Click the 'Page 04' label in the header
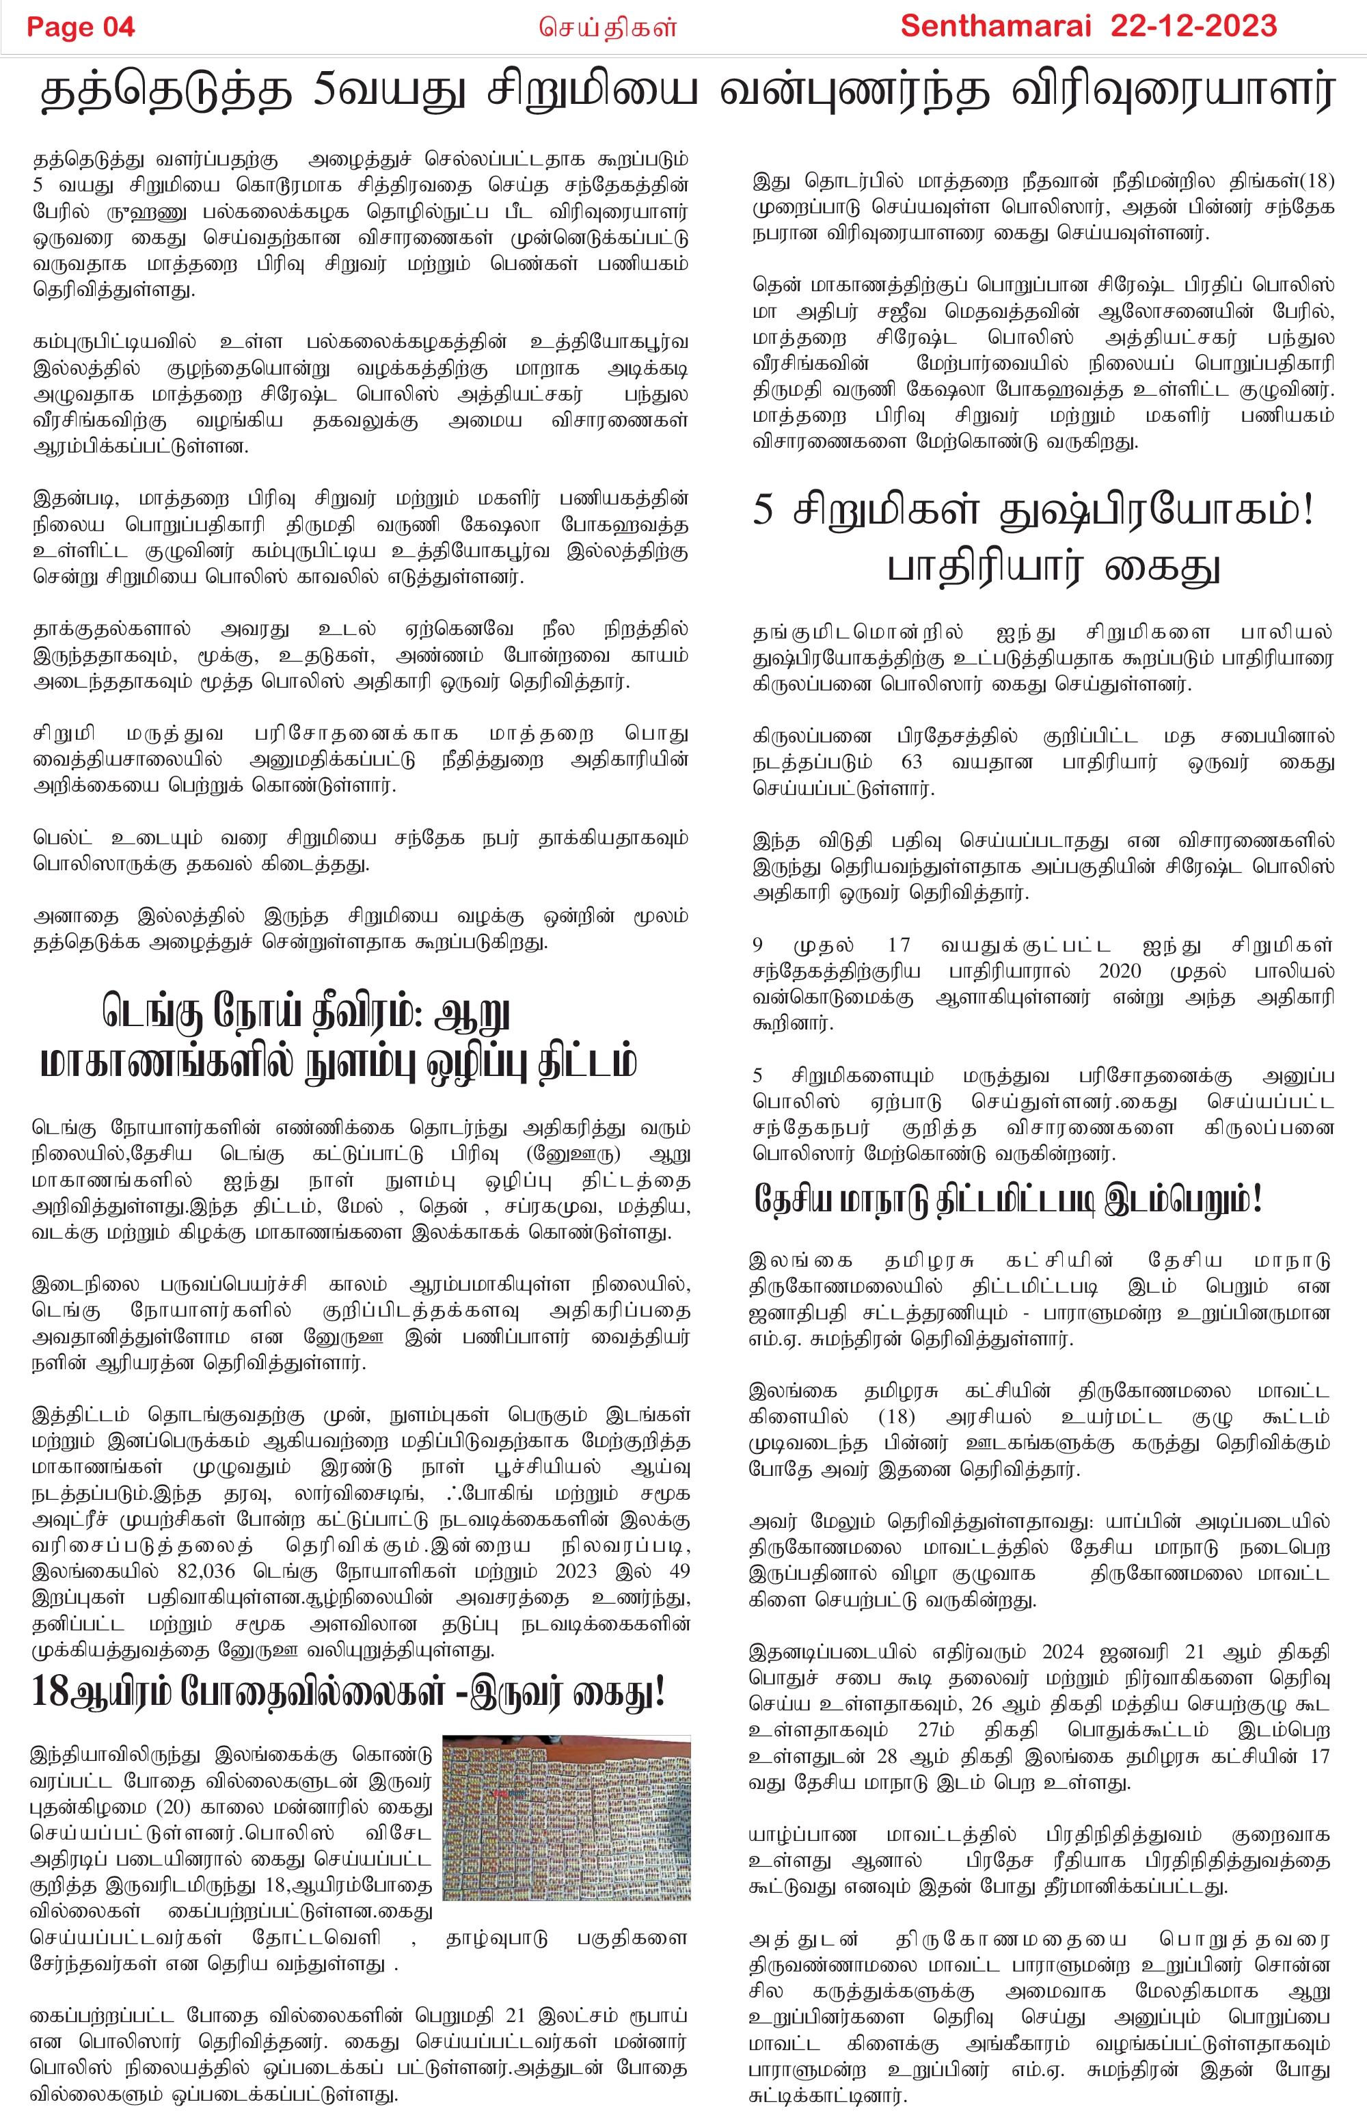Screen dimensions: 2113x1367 coord(80,27)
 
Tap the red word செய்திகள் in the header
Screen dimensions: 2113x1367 coord(608,27)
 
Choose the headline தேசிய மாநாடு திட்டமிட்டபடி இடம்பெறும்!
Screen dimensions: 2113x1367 coord(1007,1200)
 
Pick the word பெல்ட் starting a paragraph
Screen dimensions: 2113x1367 coord(62,837)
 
